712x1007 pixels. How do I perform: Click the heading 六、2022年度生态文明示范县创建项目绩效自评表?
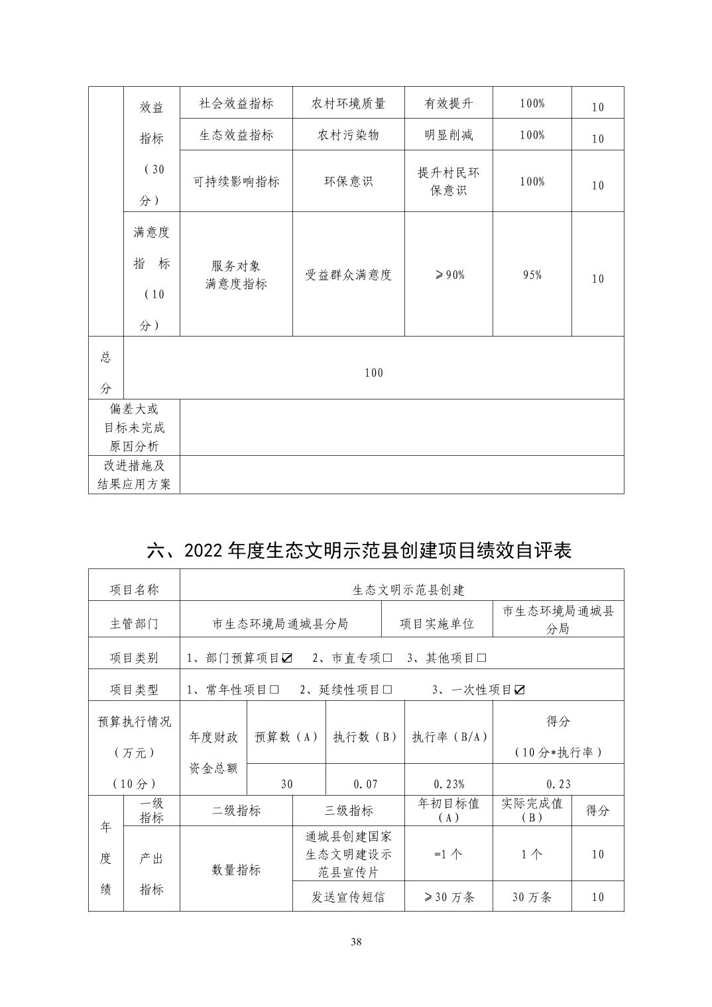359,551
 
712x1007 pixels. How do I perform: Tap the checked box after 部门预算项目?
287,658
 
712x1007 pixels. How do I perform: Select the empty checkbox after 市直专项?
388,658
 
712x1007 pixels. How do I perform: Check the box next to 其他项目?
482,658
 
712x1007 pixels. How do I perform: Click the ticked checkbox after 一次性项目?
520,690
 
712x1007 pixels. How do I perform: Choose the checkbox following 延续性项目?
387,690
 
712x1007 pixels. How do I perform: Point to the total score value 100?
374,373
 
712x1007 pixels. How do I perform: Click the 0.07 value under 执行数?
365,784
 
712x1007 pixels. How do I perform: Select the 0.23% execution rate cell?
449,784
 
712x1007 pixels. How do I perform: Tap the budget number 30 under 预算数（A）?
286,784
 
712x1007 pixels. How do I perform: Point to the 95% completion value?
532,275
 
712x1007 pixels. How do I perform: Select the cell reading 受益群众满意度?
349,275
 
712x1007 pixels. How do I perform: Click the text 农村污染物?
349,135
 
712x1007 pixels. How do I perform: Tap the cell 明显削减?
449,135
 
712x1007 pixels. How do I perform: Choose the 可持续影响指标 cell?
236,182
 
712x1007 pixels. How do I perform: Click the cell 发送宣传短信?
349,897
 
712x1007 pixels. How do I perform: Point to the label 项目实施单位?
437,623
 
